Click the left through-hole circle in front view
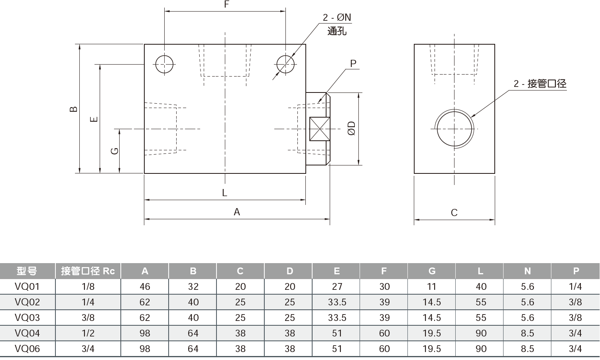coord(165,64)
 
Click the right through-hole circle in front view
coord(285,64)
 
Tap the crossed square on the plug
coord(320,129)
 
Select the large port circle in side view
coord(454,129)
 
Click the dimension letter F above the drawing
coord(226,5)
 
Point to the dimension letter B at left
coord(74,109)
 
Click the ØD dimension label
coord(351,128)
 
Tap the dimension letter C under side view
coord(454,213)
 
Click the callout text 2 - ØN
coord(337,18)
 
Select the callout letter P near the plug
coord(353,63)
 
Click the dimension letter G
coord(114,151)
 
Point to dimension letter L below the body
coord(224,193)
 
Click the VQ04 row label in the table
coord(27,333)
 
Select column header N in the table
coord(527,271)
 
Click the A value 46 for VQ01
coord(145,287)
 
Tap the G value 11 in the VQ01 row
coord(431,287)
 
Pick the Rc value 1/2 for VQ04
coord(88,333)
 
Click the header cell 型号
coord(27,271)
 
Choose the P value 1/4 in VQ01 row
coord(575,287)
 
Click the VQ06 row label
coord(27,349)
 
